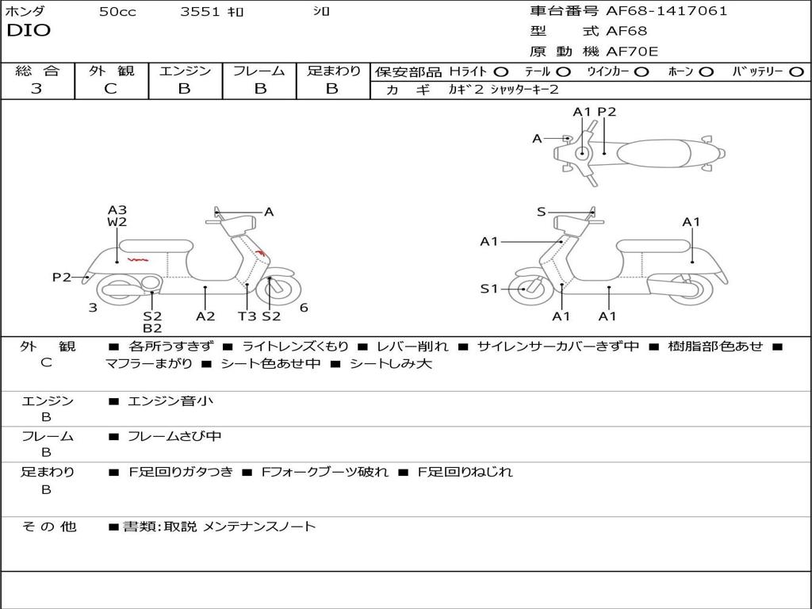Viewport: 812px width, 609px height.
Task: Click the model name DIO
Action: [29, 31]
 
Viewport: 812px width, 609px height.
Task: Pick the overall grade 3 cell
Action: [36, 89]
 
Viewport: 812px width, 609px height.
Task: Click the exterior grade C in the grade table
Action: [111, 89]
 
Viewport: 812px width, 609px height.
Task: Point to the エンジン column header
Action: [185, 71]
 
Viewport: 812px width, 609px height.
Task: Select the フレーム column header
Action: [259, 71]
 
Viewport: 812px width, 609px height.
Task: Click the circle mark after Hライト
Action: [500, 71]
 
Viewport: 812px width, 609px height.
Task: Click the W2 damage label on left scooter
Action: [117, 223]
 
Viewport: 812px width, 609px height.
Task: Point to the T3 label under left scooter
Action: [247, 316]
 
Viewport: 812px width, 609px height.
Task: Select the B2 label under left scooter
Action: [152, 328]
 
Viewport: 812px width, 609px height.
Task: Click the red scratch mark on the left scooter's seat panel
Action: [139, 259]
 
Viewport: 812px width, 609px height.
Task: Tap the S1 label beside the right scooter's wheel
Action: [489, 289]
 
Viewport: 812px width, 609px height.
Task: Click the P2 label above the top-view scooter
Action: [607, 112]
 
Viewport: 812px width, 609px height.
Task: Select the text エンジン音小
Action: [170, 401]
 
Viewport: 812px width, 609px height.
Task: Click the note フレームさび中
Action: [174, 436]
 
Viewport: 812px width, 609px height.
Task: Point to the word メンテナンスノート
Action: [259, 526]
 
